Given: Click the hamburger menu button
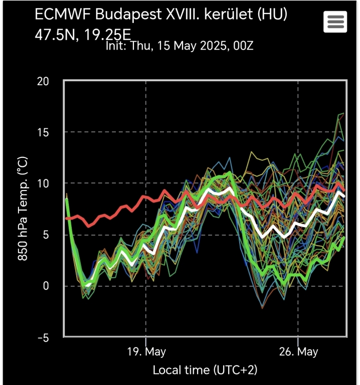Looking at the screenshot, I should click(x=335, y=22).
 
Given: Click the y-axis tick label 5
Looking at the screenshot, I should click(x=47, y=235).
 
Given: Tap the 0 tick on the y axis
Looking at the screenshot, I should click(x=47, y=286).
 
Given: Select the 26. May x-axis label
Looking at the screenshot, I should click(x=298, y=351).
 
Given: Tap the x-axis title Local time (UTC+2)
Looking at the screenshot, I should click(x=205, y=370).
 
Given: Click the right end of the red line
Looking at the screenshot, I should click(x=344, y=191).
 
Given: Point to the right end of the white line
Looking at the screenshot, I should click(x=344, y=196).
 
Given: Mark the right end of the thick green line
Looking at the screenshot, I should click(x=344, y=238).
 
